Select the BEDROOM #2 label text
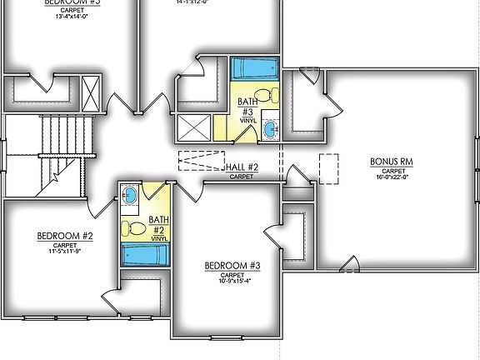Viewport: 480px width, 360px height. [64, 237]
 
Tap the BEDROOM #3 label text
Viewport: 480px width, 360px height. [232, 266]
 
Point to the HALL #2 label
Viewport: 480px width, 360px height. [242, 167]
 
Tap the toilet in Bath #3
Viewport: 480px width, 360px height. [262, 94]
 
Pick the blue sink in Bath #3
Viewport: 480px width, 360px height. [271, 129]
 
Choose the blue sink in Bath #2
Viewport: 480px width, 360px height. [130, 196]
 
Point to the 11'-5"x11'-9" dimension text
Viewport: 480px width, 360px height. [64, 252]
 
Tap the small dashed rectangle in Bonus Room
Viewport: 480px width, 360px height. [328, 168]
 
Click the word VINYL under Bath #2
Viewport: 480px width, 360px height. [158, 238]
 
